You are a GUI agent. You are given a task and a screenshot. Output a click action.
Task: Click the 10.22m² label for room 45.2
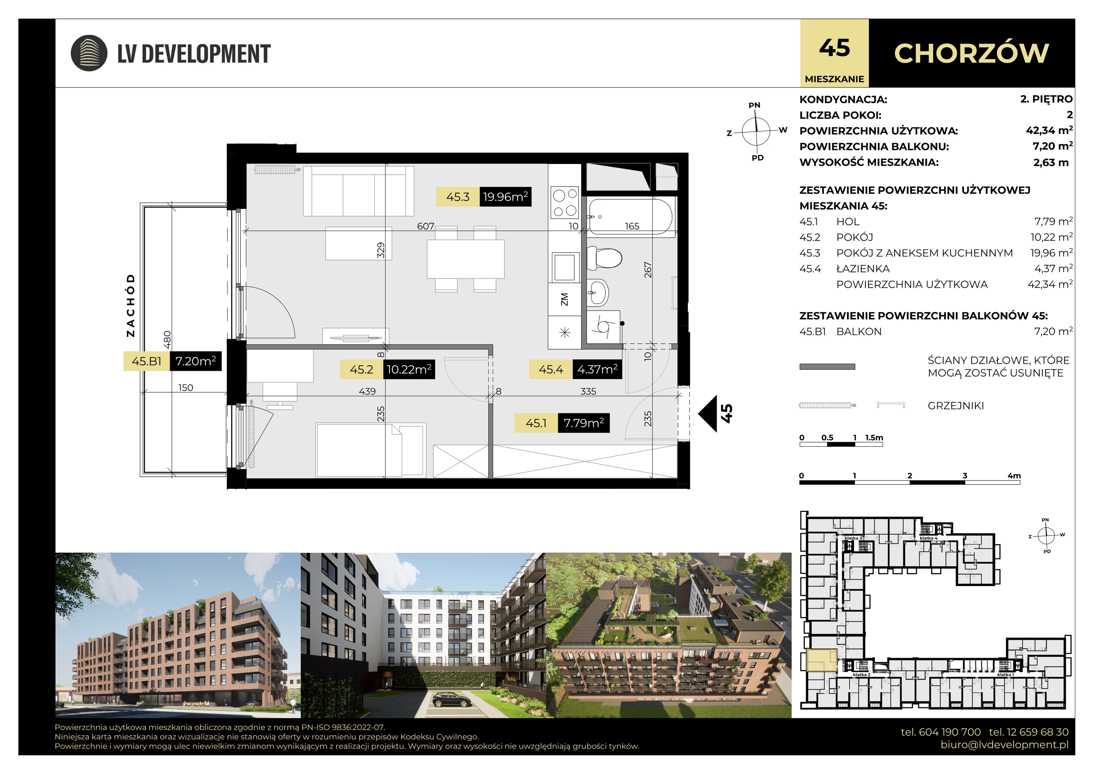(409, 369)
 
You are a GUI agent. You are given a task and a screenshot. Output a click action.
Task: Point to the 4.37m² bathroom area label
(597, 369)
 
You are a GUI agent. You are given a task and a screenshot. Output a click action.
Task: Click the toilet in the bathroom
(605, 258)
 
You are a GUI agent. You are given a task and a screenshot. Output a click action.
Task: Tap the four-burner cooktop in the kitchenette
(565, 202)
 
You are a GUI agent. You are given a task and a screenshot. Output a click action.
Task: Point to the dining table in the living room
(466, 259)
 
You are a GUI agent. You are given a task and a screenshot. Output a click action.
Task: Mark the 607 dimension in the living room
(426, 226)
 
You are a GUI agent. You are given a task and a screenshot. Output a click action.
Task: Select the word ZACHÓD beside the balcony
(131, 305)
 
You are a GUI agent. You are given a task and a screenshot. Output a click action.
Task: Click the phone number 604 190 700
(941, 732)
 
